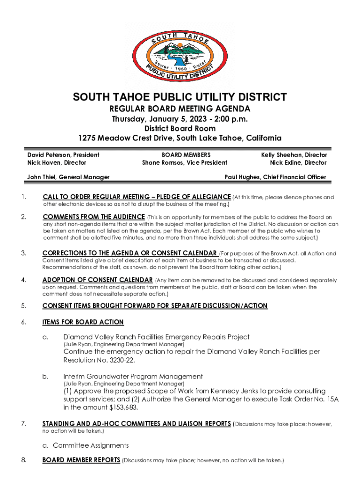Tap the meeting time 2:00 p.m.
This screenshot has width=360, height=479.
point(228,119)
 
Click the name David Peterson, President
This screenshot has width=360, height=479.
point(63,155)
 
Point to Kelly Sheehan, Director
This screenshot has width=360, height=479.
point(294,155)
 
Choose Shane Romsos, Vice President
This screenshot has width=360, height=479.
point(185,163)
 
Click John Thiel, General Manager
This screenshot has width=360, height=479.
point(68,177)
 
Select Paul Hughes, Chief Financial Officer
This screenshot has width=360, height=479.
point(275,177)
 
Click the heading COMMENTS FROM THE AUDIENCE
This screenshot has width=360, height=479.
point(94,217)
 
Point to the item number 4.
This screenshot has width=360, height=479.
point(23,280)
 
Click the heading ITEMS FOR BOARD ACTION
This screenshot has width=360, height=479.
point(83,322)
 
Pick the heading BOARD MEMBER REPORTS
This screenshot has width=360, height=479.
point(81,460)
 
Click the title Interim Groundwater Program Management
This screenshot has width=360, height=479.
point(133,377)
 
